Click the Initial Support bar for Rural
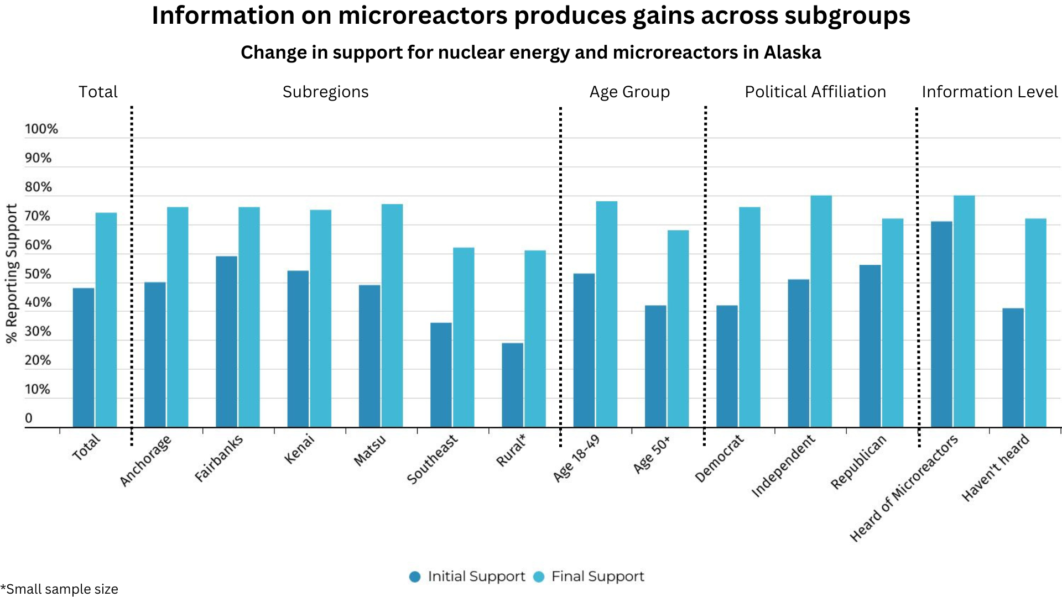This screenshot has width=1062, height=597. tap(512, 385)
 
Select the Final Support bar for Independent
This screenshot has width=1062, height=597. tap(821, 311)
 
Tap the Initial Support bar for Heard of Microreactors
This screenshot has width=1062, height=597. tap(941, 324)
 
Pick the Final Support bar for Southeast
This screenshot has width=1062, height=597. tap(463, 337)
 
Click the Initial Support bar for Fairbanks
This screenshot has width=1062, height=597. tap(226, 342)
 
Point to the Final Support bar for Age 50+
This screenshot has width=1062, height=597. tap(678, 329)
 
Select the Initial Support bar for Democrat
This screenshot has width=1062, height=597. tap(727, 366)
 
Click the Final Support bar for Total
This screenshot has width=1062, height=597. tap(106, 320)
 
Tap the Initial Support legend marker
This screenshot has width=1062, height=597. tap(415, 577)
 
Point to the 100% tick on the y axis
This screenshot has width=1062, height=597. tap(41, 129)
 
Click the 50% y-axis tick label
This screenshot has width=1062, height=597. tap(38, 274)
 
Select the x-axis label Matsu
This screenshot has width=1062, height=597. tap(369, 451)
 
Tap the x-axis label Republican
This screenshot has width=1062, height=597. tap(858, 462)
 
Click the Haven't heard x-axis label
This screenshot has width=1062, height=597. tap(995, 468)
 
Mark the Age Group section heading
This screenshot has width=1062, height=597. tap(629, 92)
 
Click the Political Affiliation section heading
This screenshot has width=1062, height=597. tap(815, 92)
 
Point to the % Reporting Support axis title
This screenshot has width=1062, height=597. tap(12, 274)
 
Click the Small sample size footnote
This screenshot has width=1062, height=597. tap(60, 589)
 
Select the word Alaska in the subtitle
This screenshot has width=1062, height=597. tap(792, 53)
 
